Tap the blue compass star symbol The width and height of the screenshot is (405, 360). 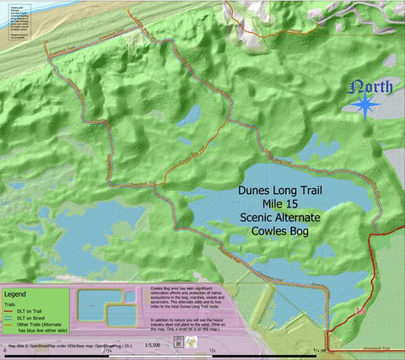(x=366, y=105)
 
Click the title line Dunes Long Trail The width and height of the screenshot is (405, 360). (x=279, y=191)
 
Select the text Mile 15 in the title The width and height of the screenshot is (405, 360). (x=279, y=204)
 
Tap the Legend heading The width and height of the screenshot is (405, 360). (x=16, y=294)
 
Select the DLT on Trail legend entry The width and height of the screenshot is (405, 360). (x=25, y=310)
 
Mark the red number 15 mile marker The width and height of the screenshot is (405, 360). (x=362, y=311)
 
